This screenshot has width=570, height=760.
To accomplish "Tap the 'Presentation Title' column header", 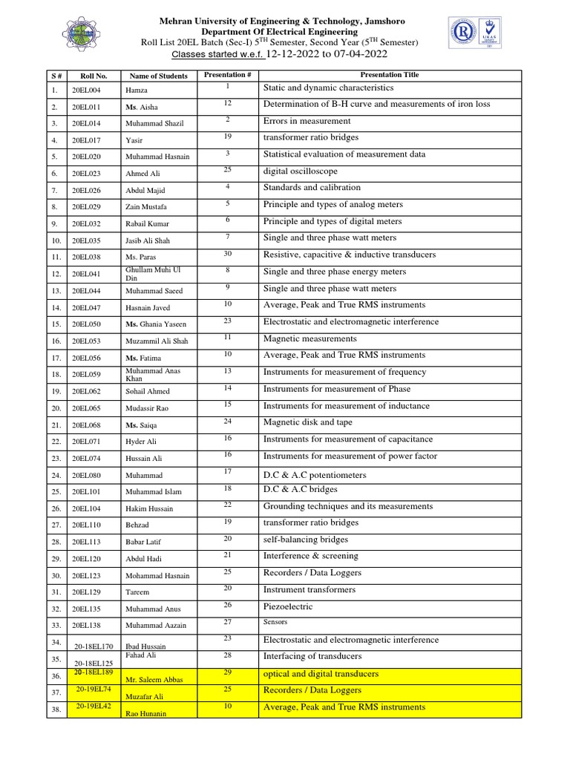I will coord(389,75).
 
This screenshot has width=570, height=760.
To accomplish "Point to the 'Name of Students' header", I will coord(158,76).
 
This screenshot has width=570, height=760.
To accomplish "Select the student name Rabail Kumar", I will coord(147,223).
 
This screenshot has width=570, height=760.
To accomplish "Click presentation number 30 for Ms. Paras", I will coord(229,254).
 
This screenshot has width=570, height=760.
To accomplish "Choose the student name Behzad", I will coord(138,525).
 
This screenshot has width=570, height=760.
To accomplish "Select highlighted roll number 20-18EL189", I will coord(94,672).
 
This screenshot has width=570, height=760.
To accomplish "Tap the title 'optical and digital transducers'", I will coord(321,674).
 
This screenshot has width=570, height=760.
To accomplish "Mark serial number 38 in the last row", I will coord(56,710).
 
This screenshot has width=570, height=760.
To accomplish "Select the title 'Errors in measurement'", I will coord(307,121).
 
